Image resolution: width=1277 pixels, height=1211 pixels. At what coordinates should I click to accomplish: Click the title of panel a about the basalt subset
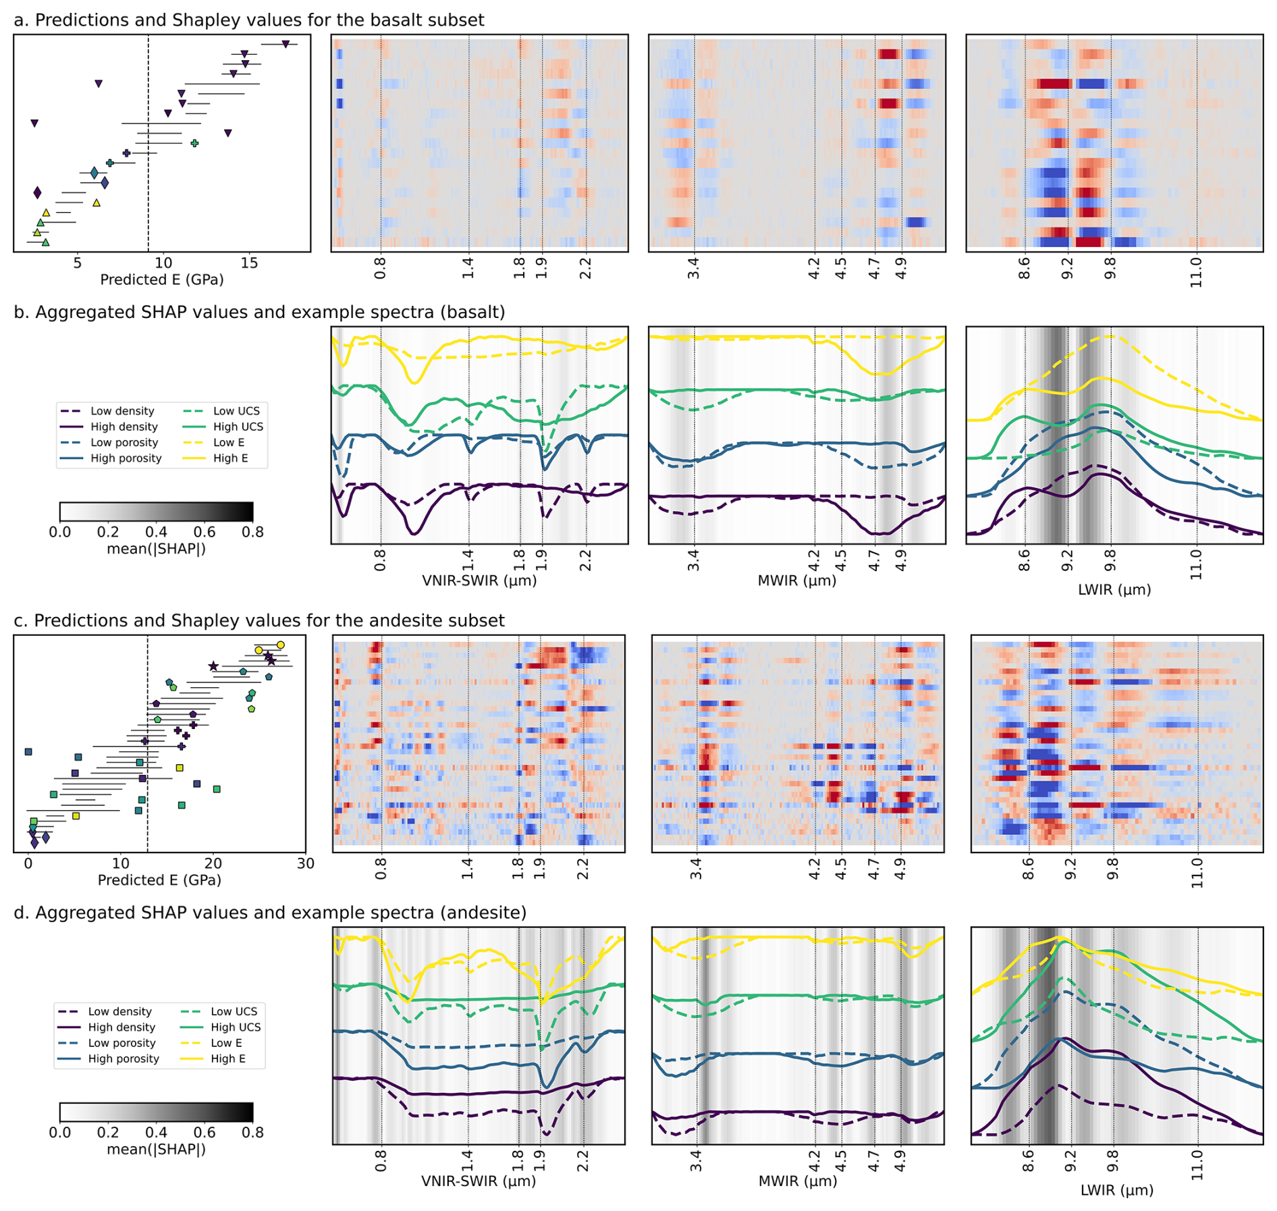coord(248,20)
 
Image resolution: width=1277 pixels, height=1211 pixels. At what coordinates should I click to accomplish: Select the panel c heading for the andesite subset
coord(259,620)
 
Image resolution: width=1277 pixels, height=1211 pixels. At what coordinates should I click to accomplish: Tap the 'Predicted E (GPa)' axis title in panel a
coord(161,279)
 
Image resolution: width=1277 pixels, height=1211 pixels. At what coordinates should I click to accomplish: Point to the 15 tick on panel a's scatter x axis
coord(249,263)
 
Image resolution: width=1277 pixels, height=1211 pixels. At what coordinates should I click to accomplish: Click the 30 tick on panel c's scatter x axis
coord(306,863)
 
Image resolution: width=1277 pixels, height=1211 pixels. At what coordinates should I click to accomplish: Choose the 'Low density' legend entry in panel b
coord(122,411)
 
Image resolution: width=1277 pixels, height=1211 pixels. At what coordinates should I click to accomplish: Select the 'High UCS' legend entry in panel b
coord(238,427)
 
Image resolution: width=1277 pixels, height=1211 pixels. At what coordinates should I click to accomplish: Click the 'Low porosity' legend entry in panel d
coord(121,1043)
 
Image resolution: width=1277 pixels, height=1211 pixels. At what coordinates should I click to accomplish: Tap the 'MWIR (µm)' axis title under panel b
coord(796,581)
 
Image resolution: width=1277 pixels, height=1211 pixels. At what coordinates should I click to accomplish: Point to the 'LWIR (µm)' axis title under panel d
coord(1116,1190)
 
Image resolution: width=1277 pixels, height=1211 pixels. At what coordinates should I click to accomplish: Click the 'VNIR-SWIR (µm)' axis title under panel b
coord(479,581)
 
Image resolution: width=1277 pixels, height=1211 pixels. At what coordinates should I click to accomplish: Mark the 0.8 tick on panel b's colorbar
coord(253,532)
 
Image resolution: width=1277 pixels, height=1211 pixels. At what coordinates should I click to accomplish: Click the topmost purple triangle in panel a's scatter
coord(286,45)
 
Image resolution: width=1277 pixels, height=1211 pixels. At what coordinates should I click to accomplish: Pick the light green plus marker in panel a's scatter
coord(194,143)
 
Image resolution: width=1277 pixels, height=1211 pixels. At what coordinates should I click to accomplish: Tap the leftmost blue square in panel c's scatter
coord(28,751)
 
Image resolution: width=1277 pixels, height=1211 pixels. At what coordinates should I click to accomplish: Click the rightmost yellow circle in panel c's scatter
coord(281,645)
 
